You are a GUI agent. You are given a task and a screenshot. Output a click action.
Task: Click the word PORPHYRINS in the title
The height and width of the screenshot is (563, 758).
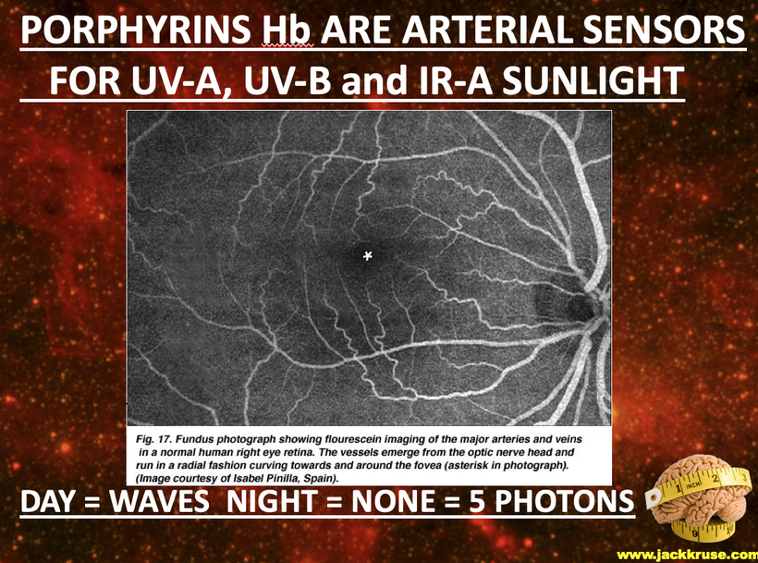point(135,30)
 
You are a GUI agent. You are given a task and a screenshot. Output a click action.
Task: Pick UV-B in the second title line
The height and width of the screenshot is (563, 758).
point(287,80)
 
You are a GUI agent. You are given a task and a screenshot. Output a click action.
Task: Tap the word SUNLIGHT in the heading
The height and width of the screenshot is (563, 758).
point(593,80)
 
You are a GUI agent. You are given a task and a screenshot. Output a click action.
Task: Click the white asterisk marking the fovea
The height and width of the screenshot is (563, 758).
point(368,256)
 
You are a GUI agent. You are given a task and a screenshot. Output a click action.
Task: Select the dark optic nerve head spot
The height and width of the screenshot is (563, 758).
point(570,305)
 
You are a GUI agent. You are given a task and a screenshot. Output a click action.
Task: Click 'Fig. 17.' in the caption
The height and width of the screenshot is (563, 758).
point(152,440)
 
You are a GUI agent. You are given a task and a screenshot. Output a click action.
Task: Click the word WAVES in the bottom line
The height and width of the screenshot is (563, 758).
point(159,501)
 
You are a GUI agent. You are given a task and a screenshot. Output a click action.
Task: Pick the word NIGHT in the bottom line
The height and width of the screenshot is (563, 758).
point(272,501)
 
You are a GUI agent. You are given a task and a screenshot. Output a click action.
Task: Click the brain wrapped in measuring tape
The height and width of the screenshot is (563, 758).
point(700,497)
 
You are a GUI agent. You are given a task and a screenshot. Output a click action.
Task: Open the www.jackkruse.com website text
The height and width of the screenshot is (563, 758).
point(687,555)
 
